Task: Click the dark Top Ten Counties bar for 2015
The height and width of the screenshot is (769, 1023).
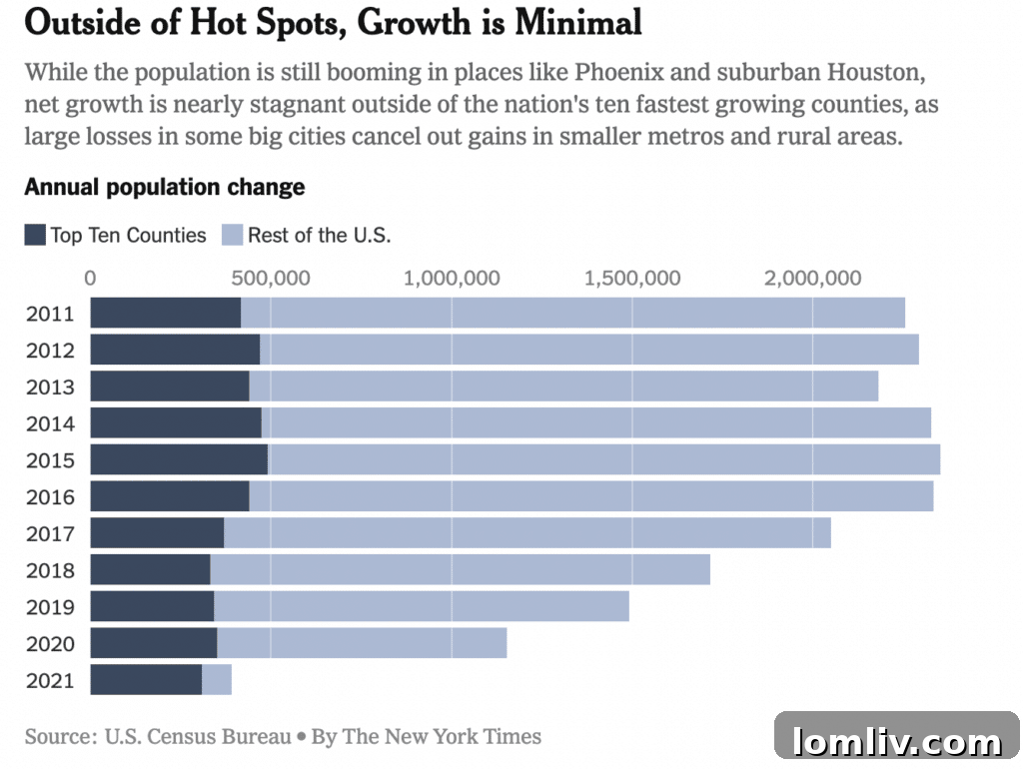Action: (x=179, y=459)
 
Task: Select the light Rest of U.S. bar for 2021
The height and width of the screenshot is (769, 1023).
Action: (x=217, y=679)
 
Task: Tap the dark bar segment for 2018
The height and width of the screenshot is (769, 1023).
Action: (x=150, y=569)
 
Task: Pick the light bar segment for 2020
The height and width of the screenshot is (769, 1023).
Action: (x=362, y=642)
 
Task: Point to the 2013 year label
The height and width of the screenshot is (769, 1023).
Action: (x=50, y=386)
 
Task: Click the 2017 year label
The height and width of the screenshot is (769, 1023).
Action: (x=50, y=533)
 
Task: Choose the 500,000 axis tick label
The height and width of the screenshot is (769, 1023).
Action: (x=271, y=278)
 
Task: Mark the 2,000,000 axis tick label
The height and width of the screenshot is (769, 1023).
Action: (x=812, y=278)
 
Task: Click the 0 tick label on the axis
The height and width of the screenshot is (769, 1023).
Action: (x=90, y=278)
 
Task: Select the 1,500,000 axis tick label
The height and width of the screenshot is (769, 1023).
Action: (x=631, y=278)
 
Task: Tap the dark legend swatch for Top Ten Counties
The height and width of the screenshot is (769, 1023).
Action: (x=35, y=236)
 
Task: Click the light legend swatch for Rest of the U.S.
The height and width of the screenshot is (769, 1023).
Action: (x=232, y=236)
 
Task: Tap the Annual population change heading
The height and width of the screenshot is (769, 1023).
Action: (x=165, y=187)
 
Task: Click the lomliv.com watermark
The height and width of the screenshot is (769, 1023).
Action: (x=896, y=741)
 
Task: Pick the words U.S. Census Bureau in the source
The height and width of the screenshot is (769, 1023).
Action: (x=198, y=737)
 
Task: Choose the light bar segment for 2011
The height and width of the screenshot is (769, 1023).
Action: (x=572, y=313)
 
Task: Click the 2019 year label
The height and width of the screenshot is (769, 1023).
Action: (x=50, y=606)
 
